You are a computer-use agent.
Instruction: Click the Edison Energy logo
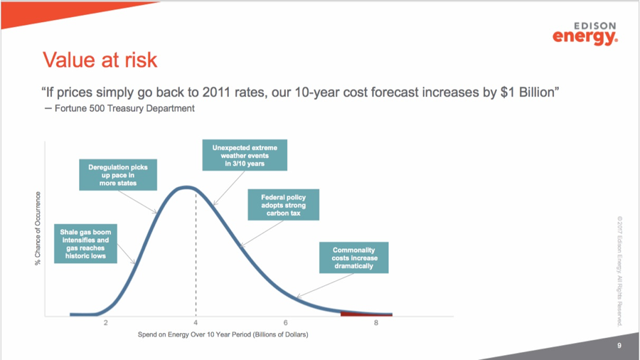pyautogui.click(x=585, y=33)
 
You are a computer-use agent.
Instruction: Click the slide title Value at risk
pyautogui.click(x=100, y=60)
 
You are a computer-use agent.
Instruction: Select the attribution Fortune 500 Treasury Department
pyautogui.click(x=124, y=109)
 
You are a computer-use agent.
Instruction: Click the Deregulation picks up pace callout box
pyautogui.click(x=118, y=175)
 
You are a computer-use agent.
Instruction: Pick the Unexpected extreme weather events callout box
pyautogui.click(x=245, y=155)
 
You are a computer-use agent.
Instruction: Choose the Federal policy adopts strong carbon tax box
pyautogui.click(x=283, y=205)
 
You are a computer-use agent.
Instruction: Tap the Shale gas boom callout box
pyautogui.click(x=86, y=243)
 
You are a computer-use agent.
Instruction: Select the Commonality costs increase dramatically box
pyautogui.click(x=354, y=258)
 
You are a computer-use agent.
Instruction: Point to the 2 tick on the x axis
pyautogui.click(x=106, y=323)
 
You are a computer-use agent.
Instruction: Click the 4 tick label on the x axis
pyautogui.click(x=196, y=323)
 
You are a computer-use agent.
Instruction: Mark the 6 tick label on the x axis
pyautogui.click(x=286, y=323)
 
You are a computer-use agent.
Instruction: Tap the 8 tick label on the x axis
pyautogui.click(x=376, y=323)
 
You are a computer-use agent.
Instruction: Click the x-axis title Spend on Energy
pyautogui.click(x=223, y=334)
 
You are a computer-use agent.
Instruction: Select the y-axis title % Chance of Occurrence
pyautogui.click(x=38, y=228)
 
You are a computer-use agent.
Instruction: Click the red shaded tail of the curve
pyautogui.click(x=366, y=314)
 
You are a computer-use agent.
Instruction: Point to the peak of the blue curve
pyautogui.click(x=186, y=188)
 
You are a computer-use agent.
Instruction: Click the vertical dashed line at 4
pyautogui.click(x=196, y=254)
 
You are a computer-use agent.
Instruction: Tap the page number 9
pyautogui.click(x=619, y=346)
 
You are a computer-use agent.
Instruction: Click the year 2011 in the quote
pyautogui.click(x=217, y=92)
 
